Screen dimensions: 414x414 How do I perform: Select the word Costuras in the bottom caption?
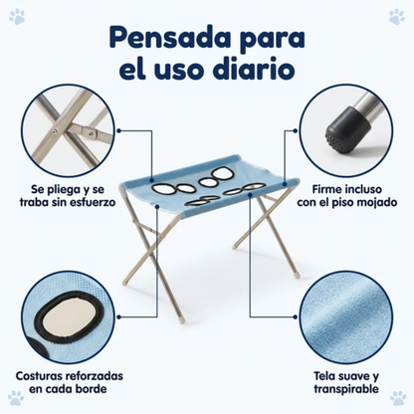coord(39,376)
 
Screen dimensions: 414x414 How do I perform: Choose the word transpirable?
coord(346,389)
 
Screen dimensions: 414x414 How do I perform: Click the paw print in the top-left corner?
coord(17,17)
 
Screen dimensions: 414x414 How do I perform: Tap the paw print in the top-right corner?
coord(397,17)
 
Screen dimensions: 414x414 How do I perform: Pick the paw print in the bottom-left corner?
coord(16,398)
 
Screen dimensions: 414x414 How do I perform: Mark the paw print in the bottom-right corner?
coord(398,398)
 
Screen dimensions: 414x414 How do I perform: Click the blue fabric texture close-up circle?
coord(346,317)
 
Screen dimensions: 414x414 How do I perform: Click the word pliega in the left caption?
coord(62,190)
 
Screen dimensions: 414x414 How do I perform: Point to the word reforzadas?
coord(94,376)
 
